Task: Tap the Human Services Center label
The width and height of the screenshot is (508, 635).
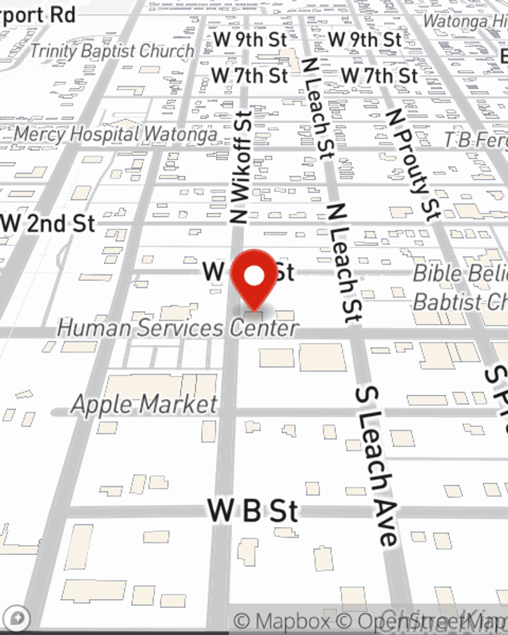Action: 177,328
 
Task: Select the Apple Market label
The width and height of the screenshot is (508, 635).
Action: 145,404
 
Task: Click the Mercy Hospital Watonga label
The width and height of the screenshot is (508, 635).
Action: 115,135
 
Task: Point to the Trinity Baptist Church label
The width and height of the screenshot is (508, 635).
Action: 112,51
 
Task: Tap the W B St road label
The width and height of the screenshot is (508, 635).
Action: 252,510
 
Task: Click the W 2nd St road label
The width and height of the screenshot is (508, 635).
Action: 49,224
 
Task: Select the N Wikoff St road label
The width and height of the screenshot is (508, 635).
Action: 241,168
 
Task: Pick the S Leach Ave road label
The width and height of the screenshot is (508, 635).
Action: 376,465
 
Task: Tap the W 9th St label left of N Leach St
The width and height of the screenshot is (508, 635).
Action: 250,40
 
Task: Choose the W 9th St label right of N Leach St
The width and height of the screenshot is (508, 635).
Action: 365,40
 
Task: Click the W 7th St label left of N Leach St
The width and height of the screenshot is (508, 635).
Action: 249,76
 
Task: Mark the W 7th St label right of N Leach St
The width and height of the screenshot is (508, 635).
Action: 379,76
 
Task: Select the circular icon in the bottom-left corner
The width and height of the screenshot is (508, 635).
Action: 18,619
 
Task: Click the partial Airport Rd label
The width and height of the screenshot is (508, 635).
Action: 38,15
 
